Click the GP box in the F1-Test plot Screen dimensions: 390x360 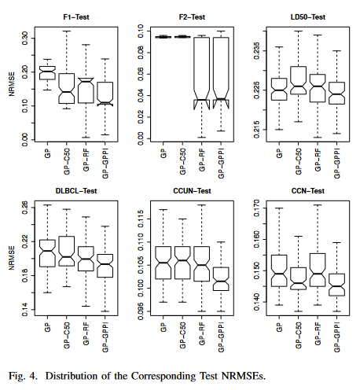47,72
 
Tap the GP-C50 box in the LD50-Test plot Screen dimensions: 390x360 298,80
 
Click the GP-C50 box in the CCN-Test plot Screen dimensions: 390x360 298,278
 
